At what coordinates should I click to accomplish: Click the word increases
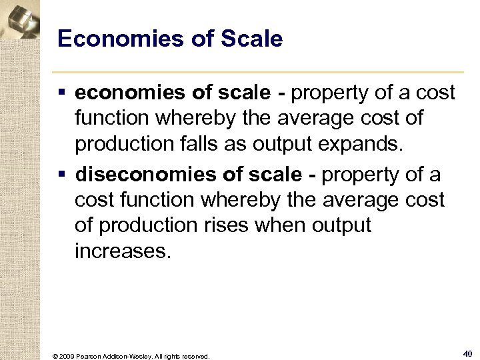[x=123, y=251]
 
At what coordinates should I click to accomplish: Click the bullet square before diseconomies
[x=62, y=175]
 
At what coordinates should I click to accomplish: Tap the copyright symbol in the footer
[x=53, y=356]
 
